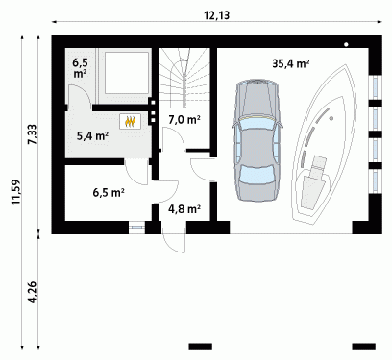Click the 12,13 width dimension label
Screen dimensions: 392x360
pyautogui.click(x=217, y=15)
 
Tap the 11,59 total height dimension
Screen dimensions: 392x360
pyautogui.click(x=16, y=192)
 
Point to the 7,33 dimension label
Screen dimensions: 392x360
pyautogui.click(x=33, y=135)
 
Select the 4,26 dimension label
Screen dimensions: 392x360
pyautogui.click(x=33, y=292)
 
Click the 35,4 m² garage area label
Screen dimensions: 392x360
pyautogui.click(x=290, y=63)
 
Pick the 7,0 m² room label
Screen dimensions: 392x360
pyautogui.click(x=184, y=120)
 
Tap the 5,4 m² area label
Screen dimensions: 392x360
pyautogui.click(x=92, y=136)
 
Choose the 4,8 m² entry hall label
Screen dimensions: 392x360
pyautogui.click(x=184, y=209)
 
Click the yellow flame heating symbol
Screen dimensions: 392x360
pyautogui.click(x=130, y=121)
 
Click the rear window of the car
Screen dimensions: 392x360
pyautogui.click(x=257, y=175)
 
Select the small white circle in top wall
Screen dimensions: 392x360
pyautogui.click(x=346, y=45)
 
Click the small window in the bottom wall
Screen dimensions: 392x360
pyautogui.click(x=136, y=228)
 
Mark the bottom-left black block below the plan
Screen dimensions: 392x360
pyautogui.click(x=201, y=347)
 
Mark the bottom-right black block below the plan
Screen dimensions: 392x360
pyautogui.click(x=363, y=347)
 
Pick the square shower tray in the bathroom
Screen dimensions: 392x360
pyautogui.click(x=127, y=73)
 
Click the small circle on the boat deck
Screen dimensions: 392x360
pyautogui.click(x=331, y=118)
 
